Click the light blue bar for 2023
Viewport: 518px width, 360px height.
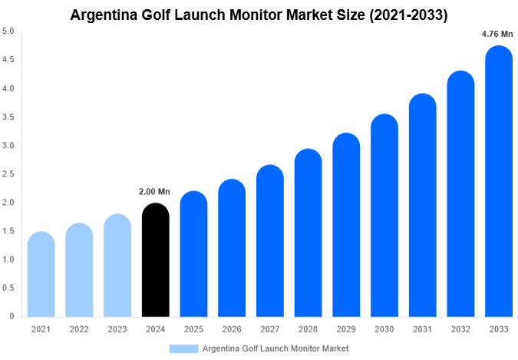coord(117,265)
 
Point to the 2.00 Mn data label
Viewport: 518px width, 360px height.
coord(155,192)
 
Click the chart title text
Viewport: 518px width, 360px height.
coord(259,14)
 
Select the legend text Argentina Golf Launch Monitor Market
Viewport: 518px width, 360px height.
coord(275,348)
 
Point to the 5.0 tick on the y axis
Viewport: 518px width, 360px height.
coord(8,31)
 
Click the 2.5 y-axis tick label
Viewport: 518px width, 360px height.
coord(8,174)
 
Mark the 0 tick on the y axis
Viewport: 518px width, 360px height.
coord(12,316)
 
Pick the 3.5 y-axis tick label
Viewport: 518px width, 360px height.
coord(8,117)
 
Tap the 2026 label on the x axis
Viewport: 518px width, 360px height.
coord(232,329)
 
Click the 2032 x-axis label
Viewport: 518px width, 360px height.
coord(460,329)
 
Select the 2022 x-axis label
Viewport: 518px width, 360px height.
coord(79,329)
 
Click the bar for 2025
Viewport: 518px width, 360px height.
coord(193,253)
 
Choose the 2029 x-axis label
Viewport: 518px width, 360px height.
coord(346,329)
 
